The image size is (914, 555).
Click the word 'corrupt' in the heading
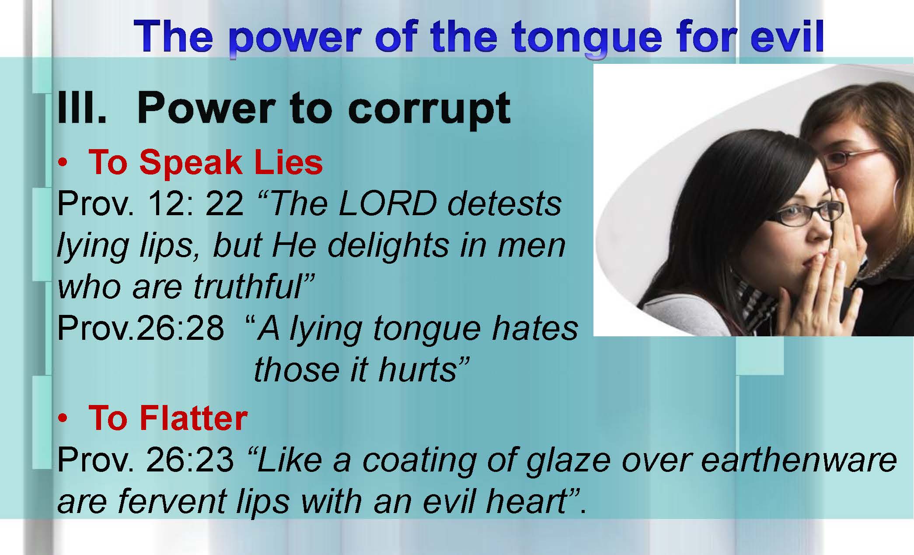tap(429, 109)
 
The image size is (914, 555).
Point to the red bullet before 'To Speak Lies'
tap(63, 163)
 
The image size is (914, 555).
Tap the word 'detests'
tap(505, 204)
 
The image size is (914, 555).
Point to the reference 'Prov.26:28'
tap(140, 328)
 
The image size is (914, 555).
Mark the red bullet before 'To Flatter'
tap(63, 419)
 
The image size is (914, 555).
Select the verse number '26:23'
tap(190, 460)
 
